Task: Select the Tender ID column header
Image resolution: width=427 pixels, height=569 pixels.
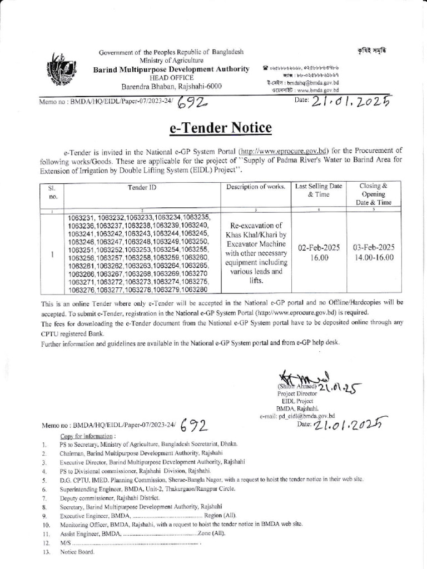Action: coord(142,187)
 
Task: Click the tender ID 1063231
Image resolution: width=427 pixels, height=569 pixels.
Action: coord(82,217)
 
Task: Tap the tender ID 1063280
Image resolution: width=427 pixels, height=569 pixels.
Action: coord(193,290)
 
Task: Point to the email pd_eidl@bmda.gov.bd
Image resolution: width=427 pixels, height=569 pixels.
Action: coord(307,415)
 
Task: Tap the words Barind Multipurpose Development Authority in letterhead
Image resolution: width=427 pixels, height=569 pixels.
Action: coord(171,68)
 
